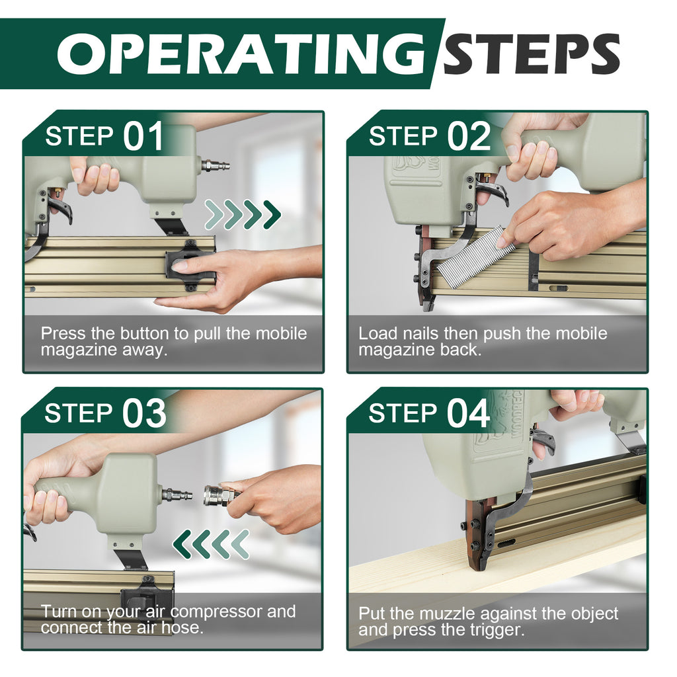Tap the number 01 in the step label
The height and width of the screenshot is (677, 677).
click(x=143, y=136)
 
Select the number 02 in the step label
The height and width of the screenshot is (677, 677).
click(x=469, y=136)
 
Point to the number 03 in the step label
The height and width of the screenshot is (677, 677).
click(x=144, y=413)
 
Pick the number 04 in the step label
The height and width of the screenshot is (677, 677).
click(x=469, y=413)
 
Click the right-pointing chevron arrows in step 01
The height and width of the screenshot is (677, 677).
click(x=243, y=215)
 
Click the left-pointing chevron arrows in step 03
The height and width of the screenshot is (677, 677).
click(x=211, y=545)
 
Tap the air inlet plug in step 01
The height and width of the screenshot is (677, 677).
click(x=215, y=165)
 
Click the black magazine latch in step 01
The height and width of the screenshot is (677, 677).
click(x=189, y=266)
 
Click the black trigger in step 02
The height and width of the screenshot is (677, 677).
click(x=493, y=192)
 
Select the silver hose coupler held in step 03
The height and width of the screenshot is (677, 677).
click(x=222, y=495)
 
